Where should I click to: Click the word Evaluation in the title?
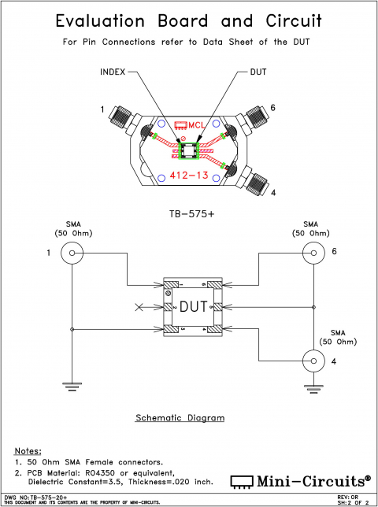pyautogui.click(x=102, y=20)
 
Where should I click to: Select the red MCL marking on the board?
pyautogui.click(x=188, y=125)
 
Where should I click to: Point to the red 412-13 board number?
pyautogui.click(x=188, y=176)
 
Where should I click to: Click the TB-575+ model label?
pyautogui.click(x=188, y=213)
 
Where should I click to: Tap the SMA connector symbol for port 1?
pyautogui.click(x=72, y=253)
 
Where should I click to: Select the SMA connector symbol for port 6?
pyautogui.click(x=313, y=253)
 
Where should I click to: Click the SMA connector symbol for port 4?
pyautogui.click(x=313, y=361)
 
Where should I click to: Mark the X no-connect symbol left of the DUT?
pyautogui.click(x=140, y=306)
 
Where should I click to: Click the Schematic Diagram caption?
pyautogui.click(x=180, y=417)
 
